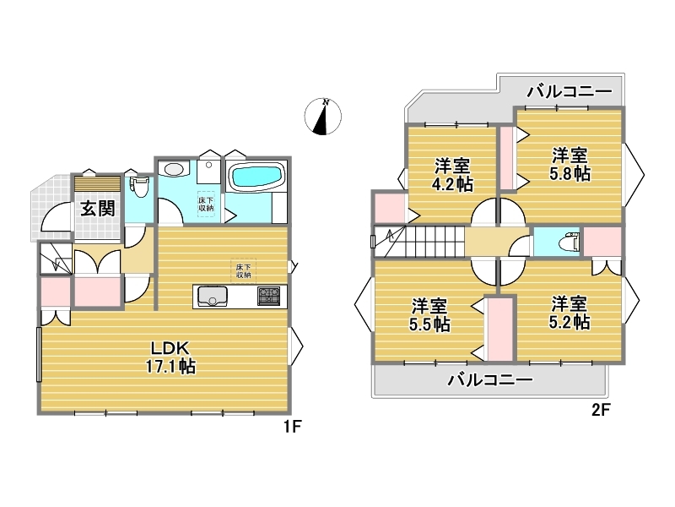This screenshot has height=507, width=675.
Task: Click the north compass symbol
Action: pos(323,117)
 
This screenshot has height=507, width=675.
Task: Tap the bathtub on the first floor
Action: pos(256,177)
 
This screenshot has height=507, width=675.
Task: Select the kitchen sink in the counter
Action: pos(213,296)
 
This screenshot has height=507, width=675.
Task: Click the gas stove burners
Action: pos(268,297)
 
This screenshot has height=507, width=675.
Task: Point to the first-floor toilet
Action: pos(138,186)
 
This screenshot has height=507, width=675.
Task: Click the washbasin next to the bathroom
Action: pos(174,168)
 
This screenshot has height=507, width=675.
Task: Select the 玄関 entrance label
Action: pos(98,209)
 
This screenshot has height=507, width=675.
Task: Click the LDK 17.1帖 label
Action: pos(170,357)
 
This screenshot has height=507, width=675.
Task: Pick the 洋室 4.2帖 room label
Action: pos(452,175)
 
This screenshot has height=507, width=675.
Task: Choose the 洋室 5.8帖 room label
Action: pos(570,164)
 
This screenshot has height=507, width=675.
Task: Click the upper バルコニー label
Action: pos(570,91)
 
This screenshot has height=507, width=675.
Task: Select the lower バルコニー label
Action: pos(490,379)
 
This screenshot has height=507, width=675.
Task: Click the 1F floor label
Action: pos(292,427)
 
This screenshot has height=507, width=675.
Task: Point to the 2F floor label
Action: pos(601,410)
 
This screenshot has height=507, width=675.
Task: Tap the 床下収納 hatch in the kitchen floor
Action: pos(243,270)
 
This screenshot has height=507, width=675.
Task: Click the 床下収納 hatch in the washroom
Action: pos(206,204)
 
